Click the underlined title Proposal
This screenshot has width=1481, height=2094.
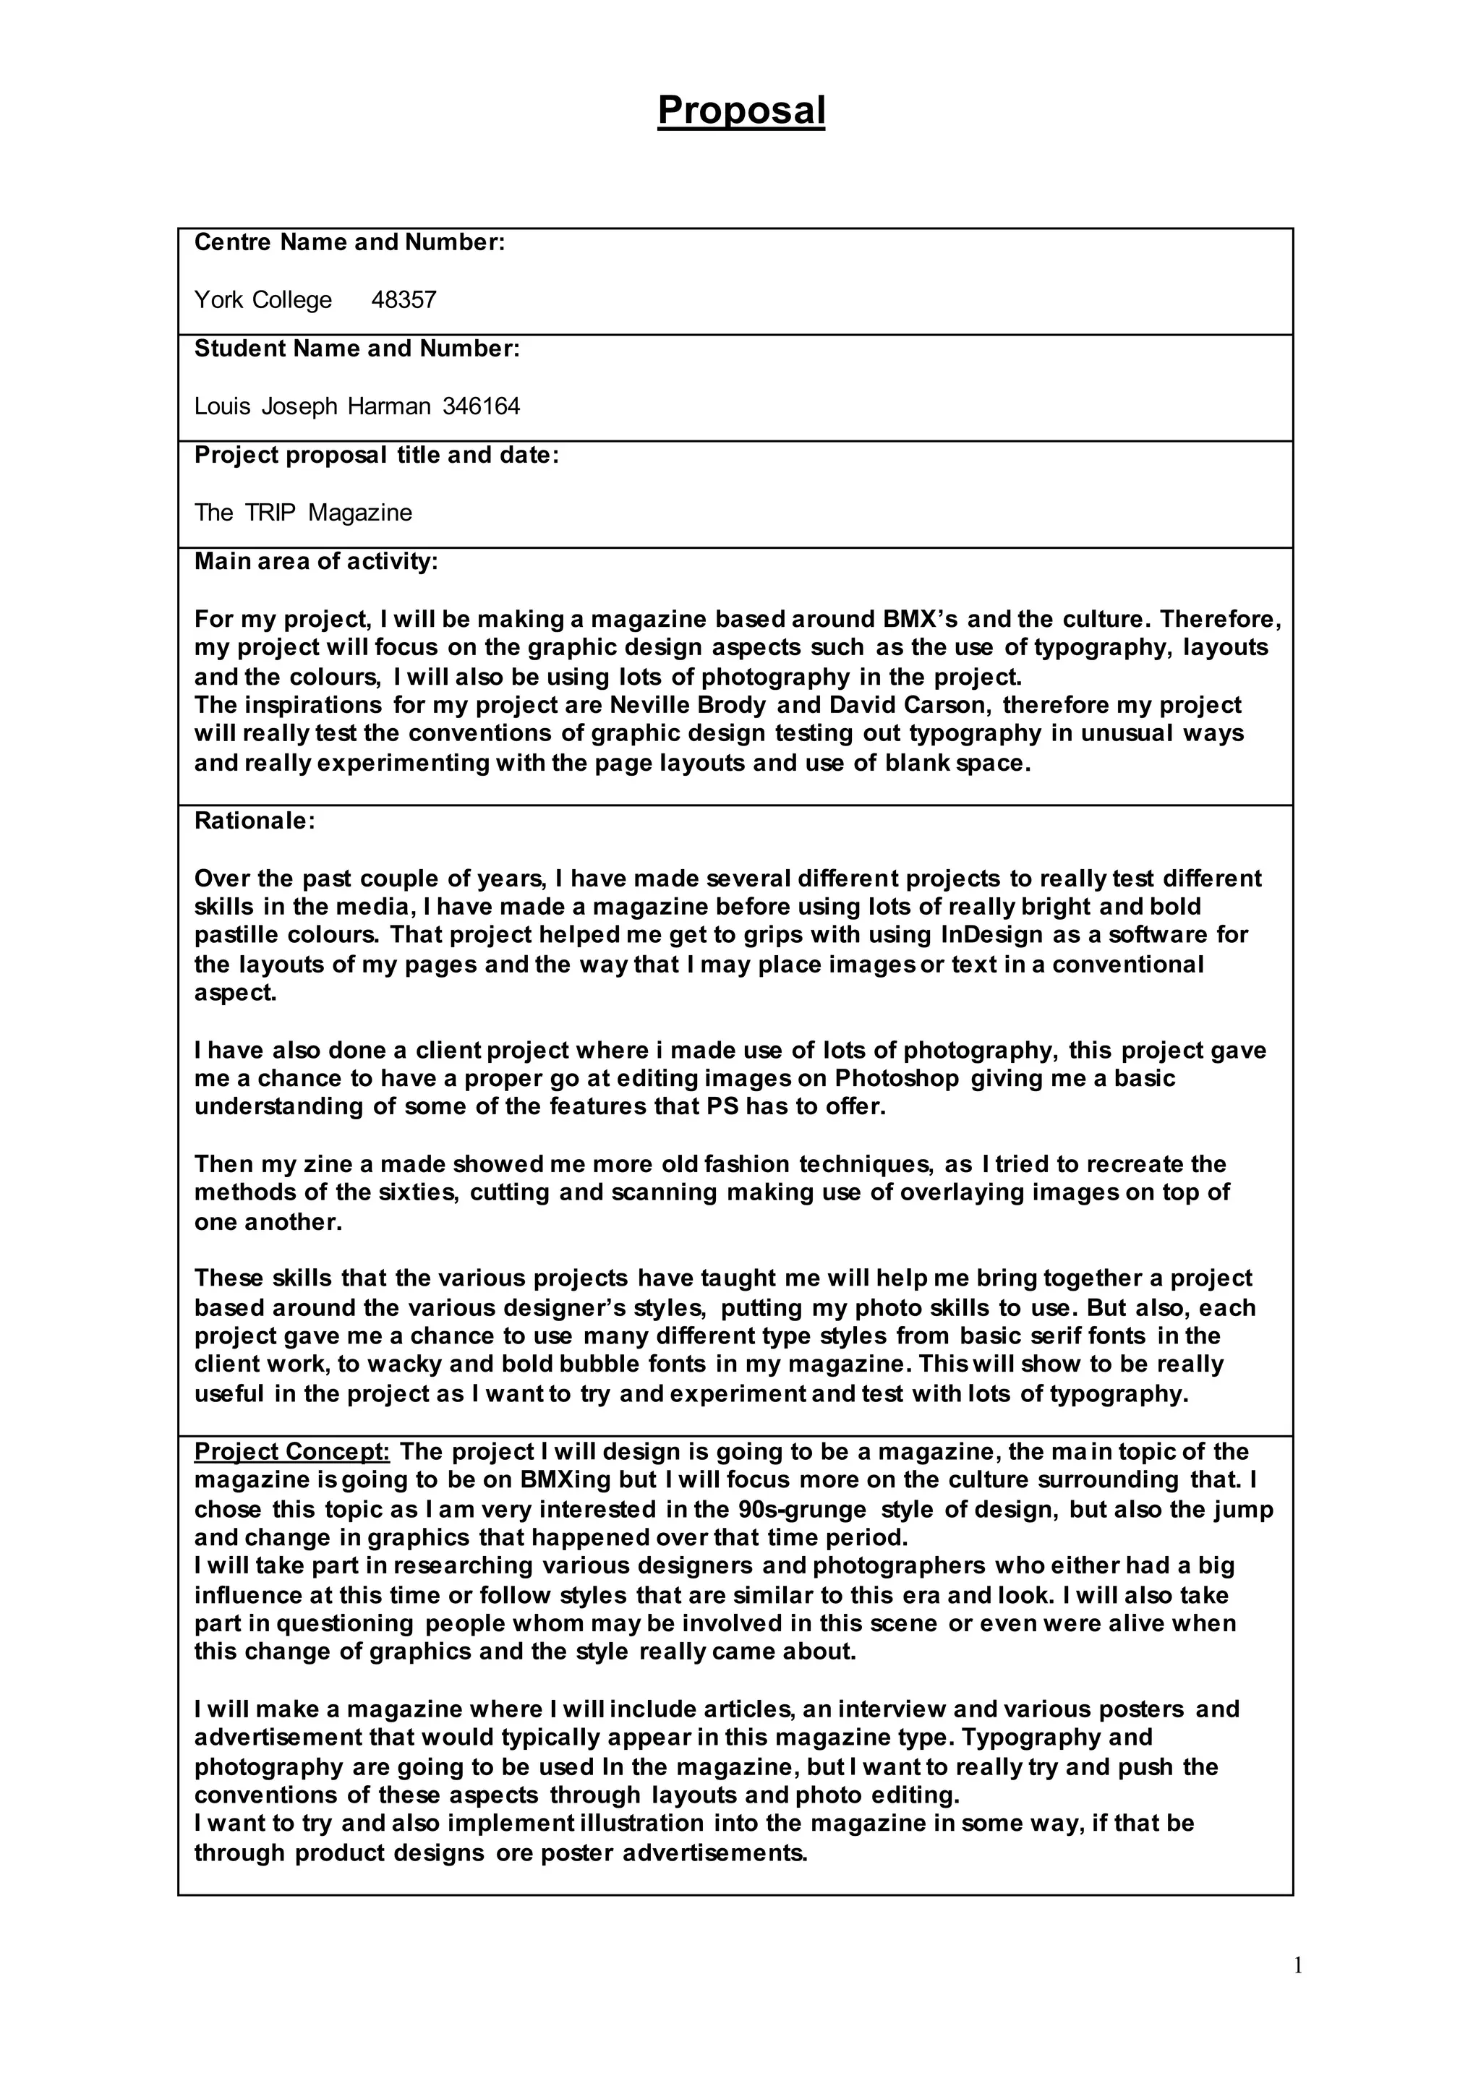(740, 111)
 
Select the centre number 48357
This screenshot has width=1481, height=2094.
(404, 300)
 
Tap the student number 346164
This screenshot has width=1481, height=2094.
(481, 407)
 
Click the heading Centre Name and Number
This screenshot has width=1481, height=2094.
(349, 243)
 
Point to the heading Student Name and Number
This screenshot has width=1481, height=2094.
(357, 349)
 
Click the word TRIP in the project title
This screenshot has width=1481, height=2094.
(270, 513)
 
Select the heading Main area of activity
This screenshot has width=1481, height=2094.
(315, 562)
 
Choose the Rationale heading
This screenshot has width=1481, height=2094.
(255, 821)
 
